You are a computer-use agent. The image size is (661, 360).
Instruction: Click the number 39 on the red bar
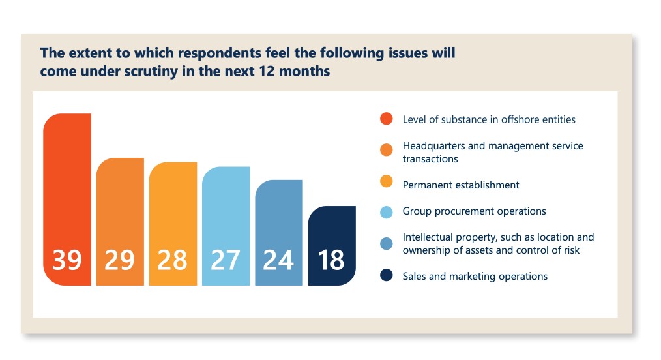click(x=67, y=260)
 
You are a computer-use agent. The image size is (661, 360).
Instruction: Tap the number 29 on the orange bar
click(x=120, y=260)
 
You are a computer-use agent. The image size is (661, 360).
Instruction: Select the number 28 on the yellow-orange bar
click(x=173, y=260)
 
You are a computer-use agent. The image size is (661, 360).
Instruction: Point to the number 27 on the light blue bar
click(x=226, y=260)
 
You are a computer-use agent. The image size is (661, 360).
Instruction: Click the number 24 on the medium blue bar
click(x=278, y=260)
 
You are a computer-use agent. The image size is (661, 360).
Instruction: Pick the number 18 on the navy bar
click(x=331, y=260)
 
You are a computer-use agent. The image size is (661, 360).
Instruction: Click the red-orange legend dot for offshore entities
click(x=387, y=119)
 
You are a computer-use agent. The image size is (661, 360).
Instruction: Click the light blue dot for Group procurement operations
click(x=387, y=211)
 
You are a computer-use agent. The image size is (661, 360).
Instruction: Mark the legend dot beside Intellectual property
click(x=387, y=243)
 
